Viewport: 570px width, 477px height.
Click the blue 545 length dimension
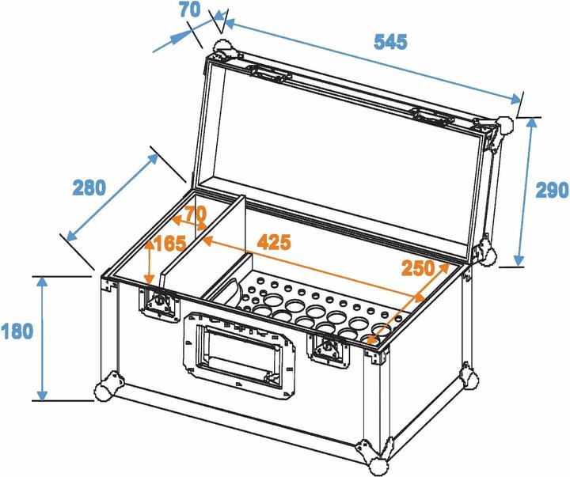point(390,42)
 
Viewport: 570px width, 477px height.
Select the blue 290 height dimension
point(552,190)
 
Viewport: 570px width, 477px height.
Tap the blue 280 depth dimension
point(89,187)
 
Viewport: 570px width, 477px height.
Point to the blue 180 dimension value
point(17,330)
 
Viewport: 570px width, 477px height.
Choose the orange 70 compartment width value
point(195,214)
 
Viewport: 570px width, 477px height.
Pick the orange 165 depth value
point(169,244)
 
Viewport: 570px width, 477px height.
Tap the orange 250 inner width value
point(418,267)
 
